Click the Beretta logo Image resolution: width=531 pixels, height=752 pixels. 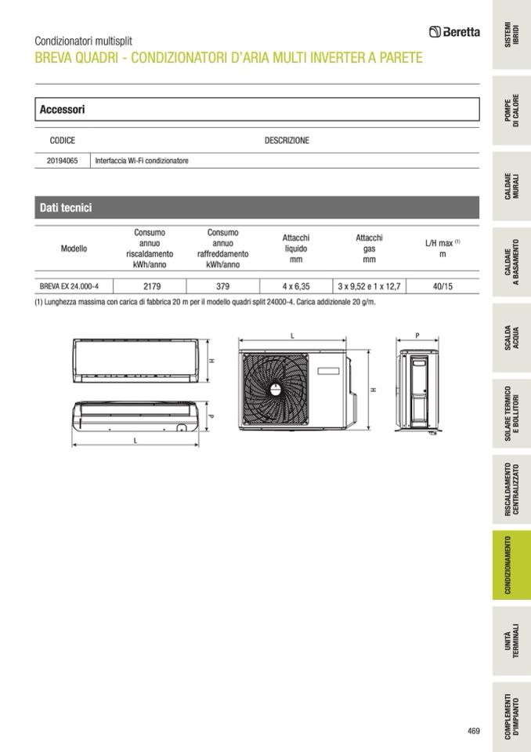click(454, 32)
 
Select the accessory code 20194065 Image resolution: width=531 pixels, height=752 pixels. click(62, 161)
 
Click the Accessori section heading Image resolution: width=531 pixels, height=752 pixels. click(62, 109)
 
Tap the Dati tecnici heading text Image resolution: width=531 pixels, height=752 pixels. click(66, 208)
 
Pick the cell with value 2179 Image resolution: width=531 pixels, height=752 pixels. click(152, 286)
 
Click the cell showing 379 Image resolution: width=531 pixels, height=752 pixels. click(222, 286)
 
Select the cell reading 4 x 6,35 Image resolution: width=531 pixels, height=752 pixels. click(296, 286)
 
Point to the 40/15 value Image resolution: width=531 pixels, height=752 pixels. click(442, 286)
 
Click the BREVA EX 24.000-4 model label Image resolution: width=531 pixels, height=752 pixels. click(69, 286)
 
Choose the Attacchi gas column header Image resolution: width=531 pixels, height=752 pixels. click(369, 249)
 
